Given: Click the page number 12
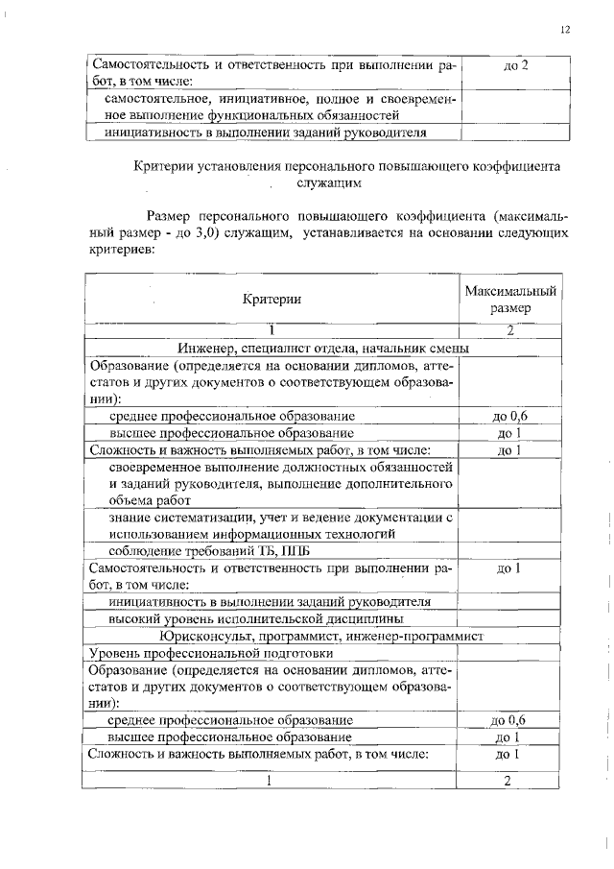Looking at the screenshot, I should [x=565, y=30].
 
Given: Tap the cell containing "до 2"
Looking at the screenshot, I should [x=516, y=65].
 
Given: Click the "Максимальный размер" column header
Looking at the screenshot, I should [x=510, y=300].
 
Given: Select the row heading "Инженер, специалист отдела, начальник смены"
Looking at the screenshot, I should [x=322, y=348].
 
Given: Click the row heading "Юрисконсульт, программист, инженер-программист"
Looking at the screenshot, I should [x=322, y=636].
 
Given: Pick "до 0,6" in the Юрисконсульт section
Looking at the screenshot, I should [x=508, y=719].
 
